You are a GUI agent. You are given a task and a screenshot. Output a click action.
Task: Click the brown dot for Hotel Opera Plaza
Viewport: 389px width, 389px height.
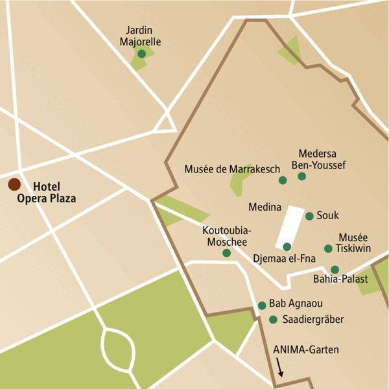point(14,185)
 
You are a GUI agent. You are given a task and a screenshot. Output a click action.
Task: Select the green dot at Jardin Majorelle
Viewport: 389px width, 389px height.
point(141,54)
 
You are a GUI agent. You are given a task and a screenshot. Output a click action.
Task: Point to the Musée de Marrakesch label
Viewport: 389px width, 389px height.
point(232,169)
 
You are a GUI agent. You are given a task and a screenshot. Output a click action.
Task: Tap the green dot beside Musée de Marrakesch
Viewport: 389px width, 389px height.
point(283,180)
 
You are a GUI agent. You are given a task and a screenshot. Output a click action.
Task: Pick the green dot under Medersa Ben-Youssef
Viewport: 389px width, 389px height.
point(301,176)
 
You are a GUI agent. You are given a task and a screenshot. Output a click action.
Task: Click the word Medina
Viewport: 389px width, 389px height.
point(265,208)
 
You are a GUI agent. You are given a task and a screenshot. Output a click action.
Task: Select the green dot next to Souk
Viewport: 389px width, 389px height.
point(309,216)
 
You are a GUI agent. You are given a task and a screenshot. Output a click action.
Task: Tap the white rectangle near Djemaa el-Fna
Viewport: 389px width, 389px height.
point(290,227)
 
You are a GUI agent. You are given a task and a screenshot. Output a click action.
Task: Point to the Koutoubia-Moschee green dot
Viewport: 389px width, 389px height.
point(226,253)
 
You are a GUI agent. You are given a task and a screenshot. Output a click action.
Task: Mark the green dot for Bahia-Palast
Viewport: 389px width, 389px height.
point(335,269)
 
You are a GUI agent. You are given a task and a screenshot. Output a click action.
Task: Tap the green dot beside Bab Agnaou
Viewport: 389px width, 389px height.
point(262,305)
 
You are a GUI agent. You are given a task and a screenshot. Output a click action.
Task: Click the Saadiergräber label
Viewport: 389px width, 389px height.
point(314,320)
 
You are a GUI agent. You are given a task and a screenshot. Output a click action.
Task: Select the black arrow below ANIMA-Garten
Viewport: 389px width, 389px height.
point(281,368)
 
